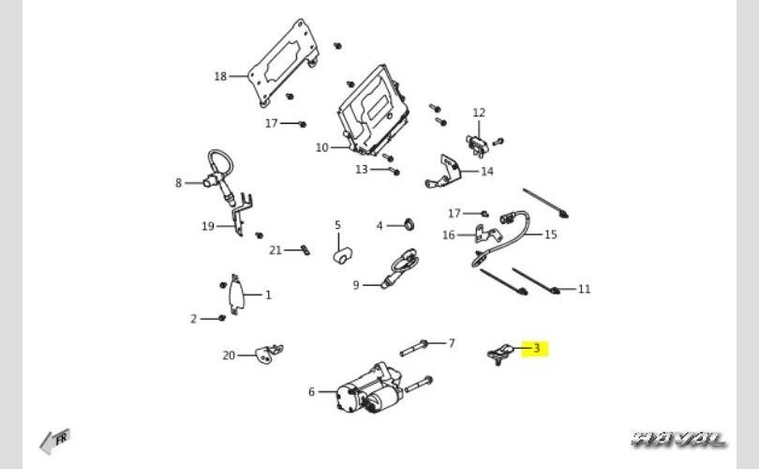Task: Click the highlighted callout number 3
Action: pyautogui.click(x=537, y=349)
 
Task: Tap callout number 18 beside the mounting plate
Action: pyautogui.click(x=220, y=76)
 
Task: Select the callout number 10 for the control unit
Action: pyautogui.click(x=321, y=147)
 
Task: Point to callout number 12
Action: pyautogui.click(x=479, y=113)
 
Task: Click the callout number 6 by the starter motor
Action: pyautogui.click(x=312, y=392)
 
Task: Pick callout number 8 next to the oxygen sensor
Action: pyautogui.click(x=178, y=183)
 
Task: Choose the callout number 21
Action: pyautogui.click(x=275, y=250)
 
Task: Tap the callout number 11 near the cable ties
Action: pyautogui.click(x=584, y=289)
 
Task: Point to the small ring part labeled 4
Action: pyautogui.click(x=409, y=225)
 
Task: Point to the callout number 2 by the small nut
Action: pyautogui.click(x=194, y=319)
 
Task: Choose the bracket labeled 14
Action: pyautogui.click(x=448, y=172)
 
